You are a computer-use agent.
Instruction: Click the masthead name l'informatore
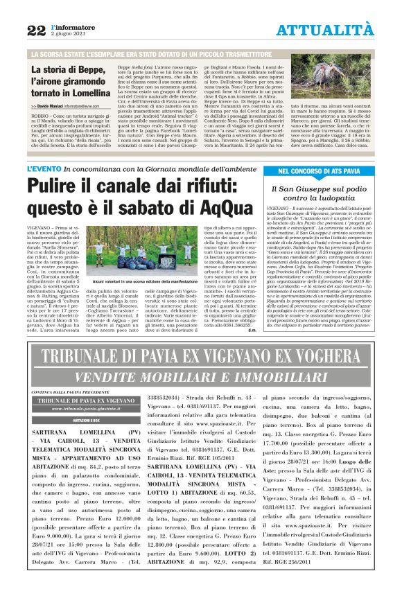coord(69,26)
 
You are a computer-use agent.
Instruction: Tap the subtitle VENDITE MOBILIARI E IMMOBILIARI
coord(201,377)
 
